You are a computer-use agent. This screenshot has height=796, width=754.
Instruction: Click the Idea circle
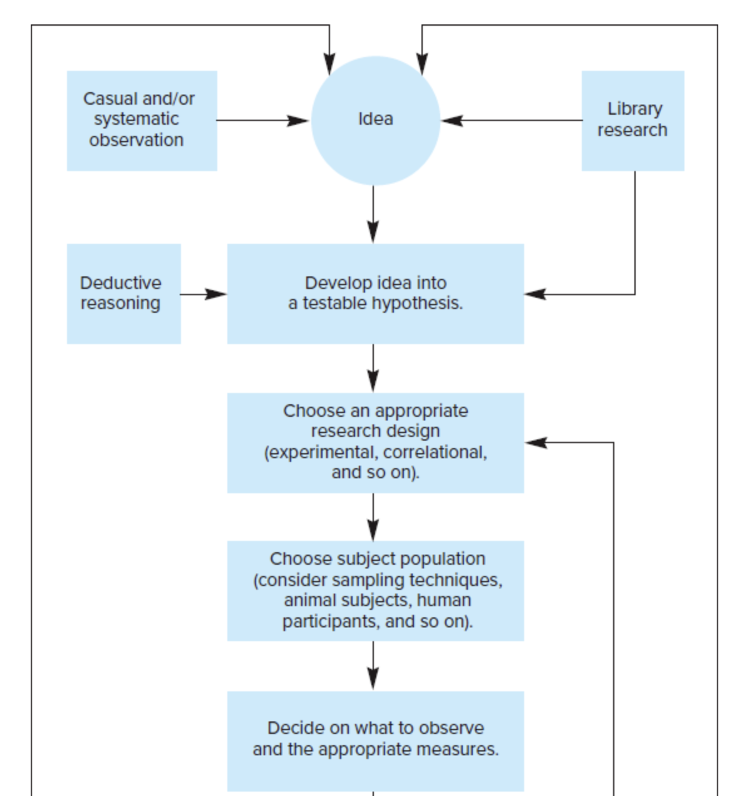375,120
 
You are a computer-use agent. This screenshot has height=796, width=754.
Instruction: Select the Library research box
633,121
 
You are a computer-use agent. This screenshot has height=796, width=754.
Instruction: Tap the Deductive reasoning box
124,293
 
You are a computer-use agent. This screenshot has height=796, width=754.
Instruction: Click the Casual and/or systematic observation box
142,121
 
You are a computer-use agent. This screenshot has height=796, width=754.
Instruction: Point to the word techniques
456,580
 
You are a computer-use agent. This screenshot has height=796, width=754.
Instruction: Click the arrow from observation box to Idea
263,120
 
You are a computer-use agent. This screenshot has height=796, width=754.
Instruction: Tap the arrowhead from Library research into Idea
452,120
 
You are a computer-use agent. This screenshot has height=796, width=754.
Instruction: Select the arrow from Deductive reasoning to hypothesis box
204,295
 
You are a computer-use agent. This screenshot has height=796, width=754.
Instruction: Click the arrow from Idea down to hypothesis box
373,214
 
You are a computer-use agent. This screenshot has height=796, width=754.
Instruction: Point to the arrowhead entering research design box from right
536,443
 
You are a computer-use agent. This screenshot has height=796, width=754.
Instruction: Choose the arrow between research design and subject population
373,517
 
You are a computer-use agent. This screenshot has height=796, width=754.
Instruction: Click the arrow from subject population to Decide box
373,666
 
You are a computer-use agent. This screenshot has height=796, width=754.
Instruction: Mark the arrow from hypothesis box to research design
373,368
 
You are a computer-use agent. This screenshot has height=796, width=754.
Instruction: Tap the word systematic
137,120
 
